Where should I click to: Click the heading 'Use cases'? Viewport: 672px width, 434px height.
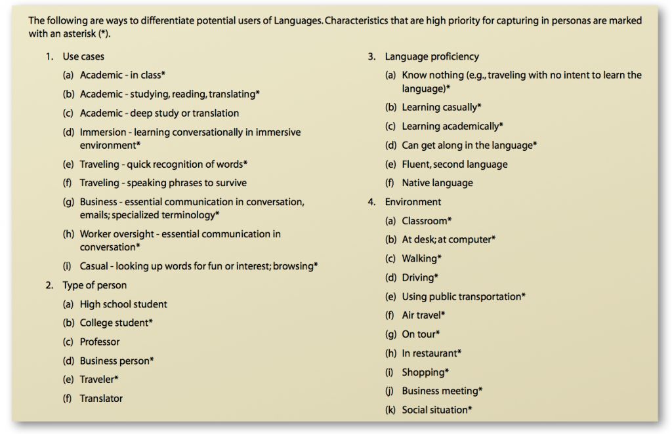click(83, 57)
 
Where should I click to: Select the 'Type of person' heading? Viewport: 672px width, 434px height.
click(94, 285)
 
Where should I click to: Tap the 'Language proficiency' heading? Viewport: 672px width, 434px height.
click(432, 56)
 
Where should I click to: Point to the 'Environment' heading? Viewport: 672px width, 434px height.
click(413, 202)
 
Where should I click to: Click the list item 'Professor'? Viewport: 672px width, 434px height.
click(100, 342)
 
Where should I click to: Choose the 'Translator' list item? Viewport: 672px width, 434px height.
click(101, 398)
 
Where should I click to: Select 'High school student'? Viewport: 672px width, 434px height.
click(123, 304)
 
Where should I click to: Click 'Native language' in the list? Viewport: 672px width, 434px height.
click(437, 183)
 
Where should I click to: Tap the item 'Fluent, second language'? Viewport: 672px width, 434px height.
click(454, 164)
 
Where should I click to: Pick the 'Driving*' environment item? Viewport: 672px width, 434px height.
click(420, 277)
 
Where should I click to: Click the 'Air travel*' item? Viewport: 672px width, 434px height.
click(423, 315)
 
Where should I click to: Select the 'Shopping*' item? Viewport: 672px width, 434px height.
click(425, 372)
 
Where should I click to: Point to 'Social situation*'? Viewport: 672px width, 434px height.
click(436, 410)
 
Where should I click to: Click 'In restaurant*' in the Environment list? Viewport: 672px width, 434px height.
click(431, 353)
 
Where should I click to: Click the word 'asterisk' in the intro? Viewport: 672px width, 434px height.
click(77, 34)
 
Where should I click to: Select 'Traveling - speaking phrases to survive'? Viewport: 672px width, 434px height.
click(163, 183)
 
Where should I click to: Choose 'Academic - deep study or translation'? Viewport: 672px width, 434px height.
click(159, 113)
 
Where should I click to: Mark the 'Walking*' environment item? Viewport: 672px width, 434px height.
click(421, 258)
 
